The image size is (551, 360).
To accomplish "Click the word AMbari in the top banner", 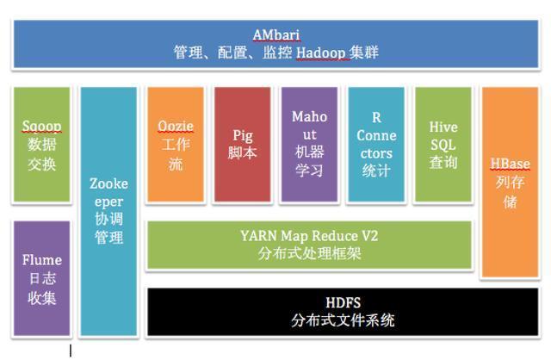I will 275,34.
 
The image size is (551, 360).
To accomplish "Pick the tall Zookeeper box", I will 108,211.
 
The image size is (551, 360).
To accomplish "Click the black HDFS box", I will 343,311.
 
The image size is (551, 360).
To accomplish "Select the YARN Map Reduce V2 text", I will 309,235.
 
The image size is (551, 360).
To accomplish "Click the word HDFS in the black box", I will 343,302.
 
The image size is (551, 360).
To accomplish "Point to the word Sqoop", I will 41,127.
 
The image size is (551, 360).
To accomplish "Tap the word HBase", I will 510,164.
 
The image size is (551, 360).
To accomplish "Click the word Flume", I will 41,259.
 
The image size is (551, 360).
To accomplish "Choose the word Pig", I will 242,135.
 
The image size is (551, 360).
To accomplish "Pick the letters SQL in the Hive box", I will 443,145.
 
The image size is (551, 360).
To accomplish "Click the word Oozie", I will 176,127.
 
